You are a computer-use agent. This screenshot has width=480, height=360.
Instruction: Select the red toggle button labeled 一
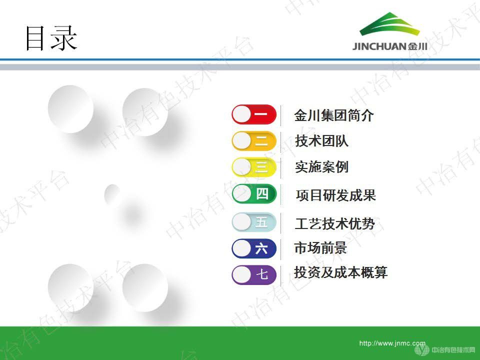254,114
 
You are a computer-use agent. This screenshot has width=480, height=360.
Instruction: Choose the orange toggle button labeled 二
254,141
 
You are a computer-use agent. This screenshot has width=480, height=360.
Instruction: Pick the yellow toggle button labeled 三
254,166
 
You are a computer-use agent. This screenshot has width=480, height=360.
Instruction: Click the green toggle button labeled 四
254,193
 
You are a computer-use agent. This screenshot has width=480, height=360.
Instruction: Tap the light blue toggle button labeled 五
254,222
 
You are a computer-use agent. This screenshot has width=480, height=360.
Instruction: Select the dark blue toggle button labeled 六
254,248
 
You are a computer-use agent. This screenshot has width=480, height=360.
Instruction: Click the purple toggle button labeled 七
254,274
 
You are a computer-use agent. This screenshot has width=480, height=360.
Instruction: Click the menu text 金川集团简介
333,116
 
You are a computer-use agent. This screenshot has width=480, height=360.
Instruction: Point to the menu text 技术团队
321,141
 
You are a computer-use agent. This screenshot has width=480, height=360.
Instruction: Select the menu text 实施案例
321,167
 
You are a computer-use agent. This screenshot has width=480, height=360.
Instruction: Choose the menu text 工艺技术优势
334,223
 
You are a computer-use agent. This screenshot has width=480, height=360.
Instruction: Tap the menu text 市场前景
320,248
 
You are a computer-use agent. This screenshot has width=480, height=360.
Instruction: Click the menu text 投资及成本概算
340,272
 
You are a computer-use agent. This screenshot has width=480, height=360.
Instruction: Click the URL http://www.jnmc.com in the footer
392,343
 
